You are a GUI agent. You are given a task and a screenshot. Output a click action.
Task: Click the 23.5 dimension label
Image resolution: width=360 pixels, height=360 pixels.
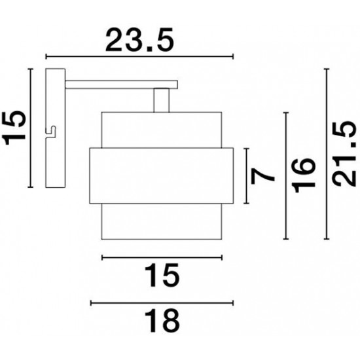tap(139, 39)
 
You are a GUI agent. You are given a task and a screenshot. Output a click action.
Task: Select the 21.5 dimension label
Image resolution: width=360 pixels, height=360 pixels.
tap(344, 153)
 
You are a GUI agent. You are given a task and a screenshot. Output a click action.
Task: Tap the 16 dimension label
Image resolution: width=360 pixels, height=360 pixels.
tap(304, 175)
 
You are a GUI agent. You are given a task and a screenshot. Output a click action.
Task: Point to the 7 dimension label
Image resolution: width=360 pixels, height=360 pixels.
tap(262, 176)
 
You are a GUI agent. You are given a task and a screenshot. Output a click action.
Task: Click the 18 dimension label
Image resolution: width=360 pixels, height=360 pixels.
tap(162, 321)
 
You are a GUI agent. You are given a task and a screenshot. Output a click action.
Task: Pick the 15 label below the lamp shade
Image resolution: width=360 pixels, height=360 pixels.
tap(162, 276)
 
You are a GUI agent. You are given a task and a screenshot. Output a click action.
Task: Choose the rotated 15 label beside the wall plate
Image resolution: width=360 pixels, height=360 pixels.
tap(14, 128)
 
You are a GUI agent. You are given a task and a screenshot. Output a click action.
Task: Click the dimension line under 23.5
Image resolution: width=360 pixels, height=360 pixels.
tap(139, 56)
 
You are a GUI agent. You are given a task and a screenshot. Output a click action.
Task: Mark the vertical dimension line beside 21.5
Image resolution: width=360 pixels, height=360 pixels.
tap(327, 154)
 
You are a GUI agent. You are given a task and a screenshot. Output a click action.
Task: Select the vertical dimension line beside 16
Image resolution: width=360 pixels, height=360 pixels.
tap(286, 176)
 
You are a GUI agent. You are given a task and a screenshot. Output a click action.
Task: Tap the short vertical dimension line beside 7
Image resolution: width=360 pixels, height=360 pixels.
tap(246, 176)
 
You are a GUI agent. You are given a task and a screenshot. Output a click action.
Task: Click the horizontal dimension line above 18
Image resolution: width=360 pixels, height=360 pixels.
tap(162, 303)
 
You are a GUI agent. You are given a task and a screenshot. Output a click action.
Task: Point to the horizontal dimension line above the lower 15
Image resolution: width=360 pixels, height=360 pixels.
tap(162, 258)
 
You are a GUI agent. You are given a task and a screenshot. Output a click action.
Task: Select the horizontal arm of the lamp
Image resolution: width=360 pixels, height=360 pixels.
tap(122, 84)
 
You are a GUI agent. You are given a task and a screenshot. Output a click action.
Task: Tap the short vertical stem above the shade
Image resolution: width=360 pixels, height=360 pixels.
tap(162, 100)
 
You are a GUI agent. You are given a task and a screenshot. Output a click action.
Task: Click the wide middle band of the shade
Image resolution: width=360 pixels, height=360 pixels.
tap(162, 175)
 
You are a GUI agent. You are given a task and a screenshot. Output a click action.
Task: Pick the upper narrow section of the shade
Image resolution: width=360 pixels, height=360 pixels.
tap(162, 130)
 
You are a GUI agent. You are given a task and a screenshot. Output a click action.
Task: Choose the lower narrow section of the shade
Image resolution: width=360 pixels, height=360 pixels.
tap(162, 221)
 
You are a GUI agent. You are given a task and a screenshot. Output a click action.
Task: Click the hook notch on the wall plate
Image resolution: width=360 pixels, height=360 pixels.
tap(51, 132)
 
